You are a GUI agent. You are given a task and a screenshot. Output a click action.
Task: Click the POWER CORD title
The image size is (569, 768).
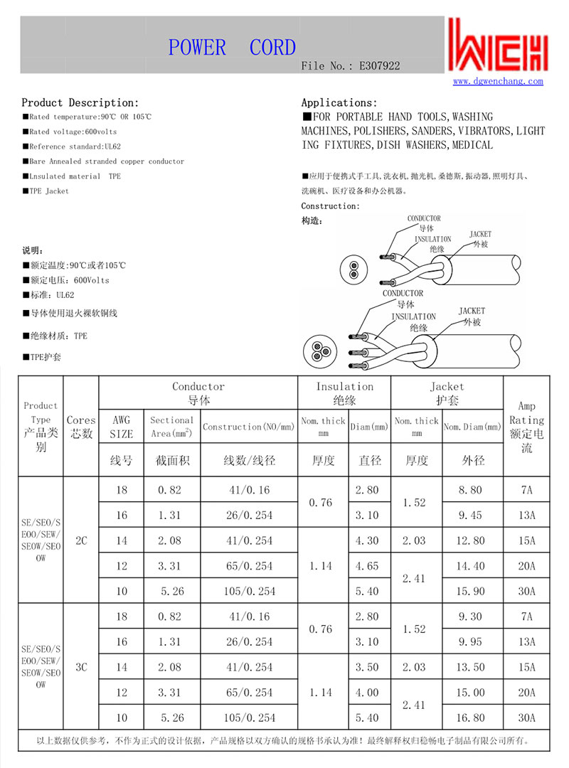232,48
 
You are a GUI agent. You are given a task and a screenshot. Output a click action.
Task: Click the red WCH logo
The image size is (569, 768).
498,44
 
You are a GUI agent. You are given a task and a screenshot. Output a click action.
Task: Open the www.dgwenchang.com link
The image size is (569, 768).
498,81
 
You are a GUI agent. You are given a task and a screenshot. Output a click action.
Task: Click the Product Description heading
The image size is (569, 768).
80,103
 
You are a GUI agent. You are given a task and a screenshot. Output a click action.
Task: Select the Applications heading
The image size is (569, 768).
339,103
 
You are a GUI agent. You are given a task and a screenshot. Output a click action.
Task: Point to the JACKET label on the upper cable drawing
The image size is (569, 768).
480,234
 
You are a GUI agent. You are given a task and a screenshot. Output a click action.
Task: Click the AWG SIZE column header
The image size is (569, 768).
122,427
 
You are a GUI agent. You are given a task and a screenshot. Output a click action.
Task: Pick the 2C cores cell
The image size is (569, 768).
81,540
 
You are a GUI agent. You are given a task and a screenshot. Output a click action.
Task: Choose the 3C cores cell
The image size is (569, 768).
81,667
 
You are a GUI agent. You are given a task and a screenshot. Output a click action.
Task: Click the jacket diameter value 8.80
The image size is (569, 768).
473,490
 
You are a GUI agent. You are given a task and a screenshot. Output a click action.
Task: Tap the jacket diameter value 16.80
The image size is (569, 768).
473,718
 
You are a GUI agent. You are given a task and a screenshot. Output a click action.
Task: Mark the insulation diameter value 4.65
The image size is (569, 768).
370,566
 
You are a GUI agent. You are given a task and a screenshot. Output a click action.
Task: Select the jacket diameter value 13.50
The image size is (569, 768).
473,667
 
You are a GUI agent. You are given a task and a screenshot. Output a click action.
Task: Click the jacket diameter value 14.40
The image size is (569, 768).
473,566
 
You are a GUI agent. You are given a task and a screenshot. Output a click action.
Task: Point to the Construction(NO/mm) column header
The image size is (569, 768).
248,427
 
